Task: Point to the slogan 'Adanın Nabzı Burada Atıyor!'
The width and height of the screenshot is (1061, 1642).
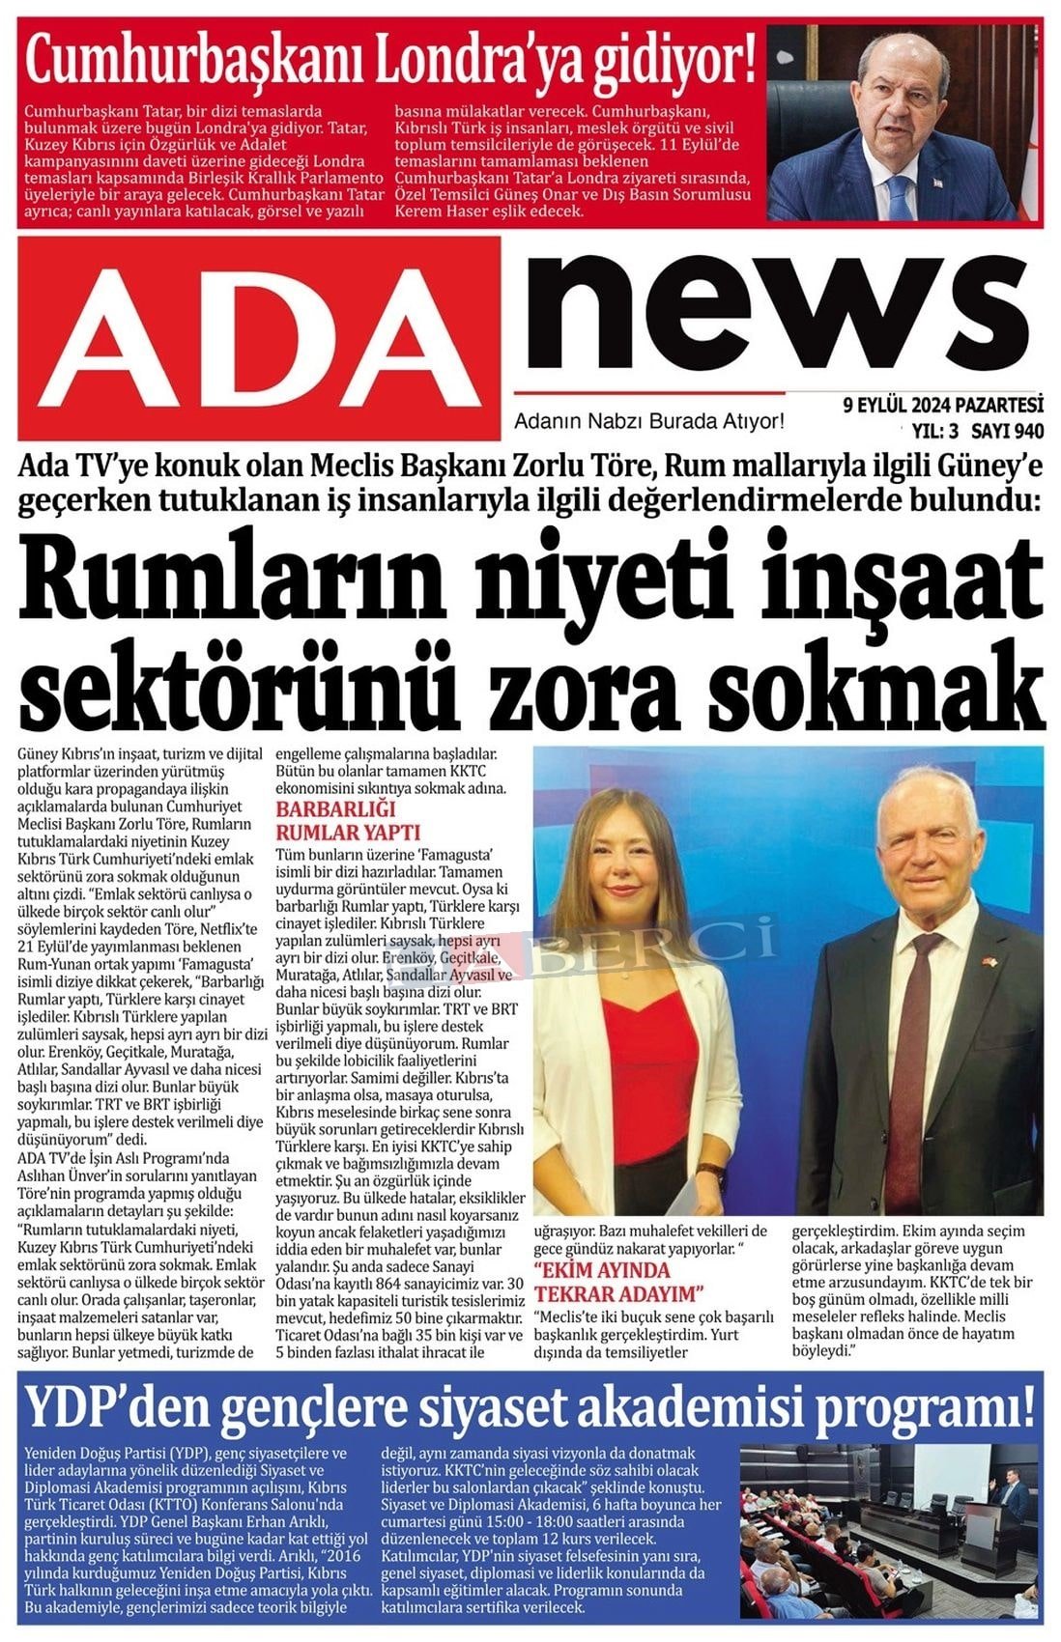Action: [648, 421]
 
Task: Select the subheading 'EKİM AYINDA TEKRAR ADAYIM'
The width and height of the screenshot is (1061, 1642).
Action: [618, 1281]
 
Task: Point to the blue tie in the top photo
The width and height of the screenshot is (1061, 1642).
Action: [899, 192]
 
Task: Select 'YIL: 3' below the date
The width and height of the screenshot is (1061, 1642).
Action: [927, 430]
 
